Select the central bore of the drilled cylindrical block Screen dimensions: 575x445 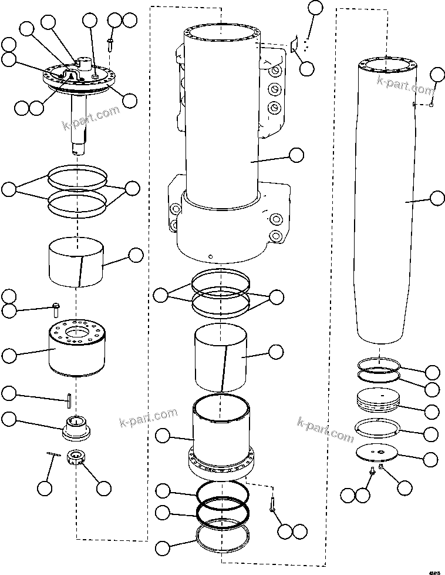coord(76,335)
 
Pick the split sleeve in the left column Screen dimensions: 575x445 coord(76,262)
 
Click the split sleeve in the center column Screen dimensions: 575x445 coord(221,359)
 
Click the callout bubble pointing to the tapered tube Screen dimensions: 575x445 coord(437,198)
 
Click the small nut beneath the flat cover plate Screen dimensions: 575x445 coord(381,467)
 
